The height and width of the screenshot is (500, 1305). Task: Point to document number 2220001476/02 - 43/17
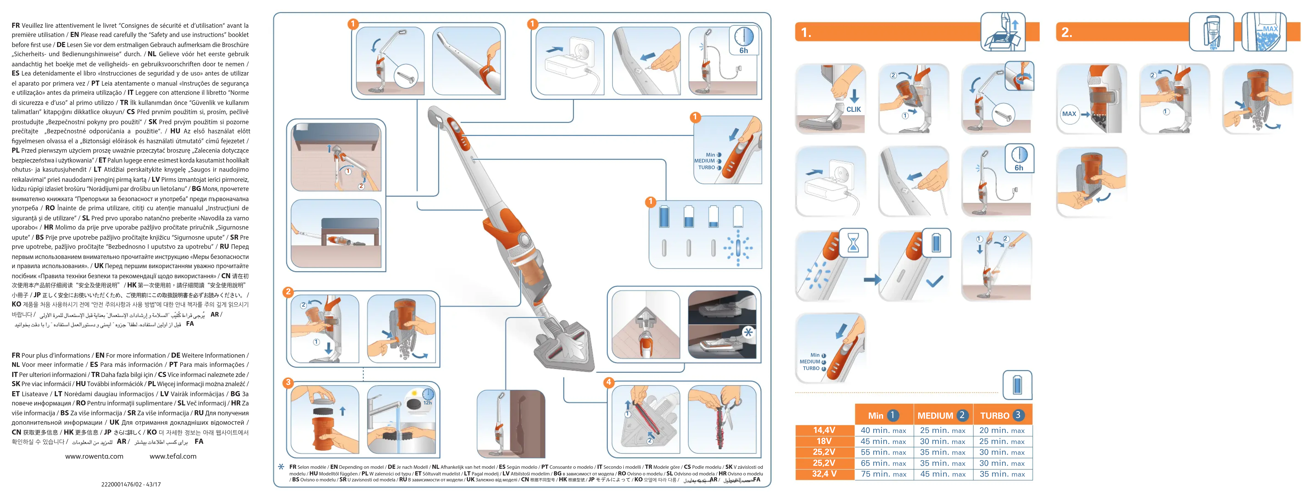pos(131,484)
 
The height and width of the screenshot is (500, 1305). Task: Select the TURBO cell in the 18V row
pos(1001,441)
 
